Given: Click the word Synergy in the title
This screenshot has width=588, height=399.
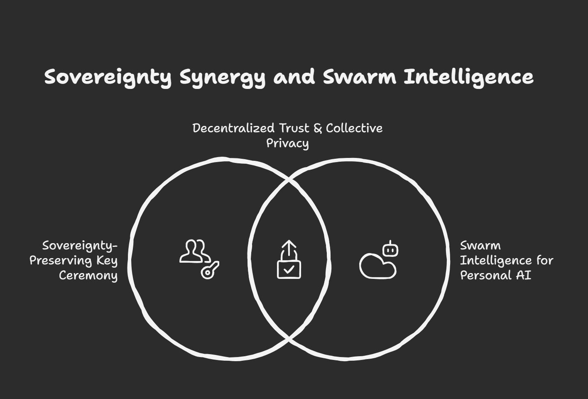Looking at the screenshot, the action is click(222, 77).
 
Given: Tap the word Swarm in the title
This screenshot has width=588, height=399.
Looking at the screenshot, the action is click(359, 77).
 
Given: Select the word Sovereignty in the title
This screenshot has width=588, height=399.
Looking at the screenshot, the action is click(108, 77).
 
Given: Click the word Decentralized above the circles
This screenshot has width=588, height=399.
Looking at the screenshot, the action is click(233, 128).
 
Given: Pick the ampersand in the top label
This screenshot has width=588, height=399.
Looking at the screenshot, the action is click(318, 128).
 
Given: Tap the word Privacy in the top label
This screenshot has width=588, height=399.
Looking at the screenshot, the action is click(287, 143).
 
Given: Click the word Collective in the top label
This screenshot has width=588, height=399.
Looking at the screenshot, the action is click(354, 128).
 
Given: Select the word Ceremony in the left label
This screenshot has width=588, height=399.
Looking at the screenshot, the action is click(88, 276).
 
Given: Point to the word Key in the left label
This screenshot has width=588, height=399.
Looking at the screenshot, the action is click(107, 261).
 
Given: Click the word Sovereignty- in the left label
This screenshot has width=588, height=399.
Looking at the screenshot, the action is click(80, 246).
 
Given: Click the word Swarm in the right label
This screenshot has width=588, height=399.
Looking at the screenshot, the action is click(480, 246).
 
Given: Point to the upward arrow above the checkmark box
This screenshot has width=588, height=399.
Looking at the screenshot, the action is click(289, 249).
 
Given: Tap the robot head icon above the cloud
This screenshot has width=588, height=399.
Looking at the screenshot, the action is click(391, 249).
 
